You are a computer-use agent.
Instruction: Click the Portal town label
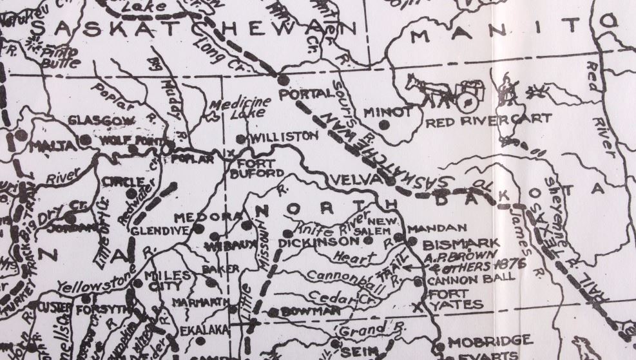(x=307, y=94)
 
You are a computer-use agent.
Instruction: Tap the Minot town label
(x=387, y=112)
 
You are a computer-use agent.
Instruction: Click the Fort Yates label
(x=459, y=298)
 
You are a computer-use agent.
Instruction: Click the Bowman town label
(x=304, y=312)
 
